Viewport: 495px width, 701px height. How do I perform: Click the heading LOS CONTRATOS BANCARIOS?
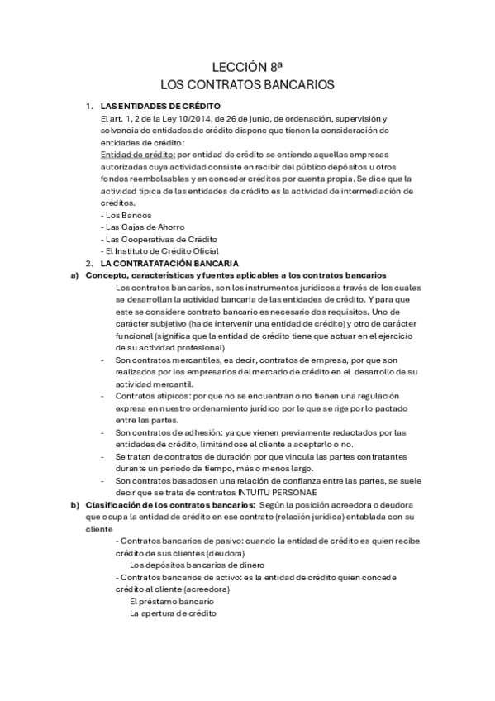click(x=246, y=85)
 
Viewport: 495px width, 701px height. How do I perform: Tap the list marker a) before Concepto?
click(x=74, y=274)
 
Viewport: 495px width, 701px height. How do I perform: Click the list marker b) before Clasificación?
click(x=74, y=505)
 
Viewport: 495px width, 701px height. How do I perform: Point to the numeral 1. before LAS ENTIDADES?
click(x=89, y=107)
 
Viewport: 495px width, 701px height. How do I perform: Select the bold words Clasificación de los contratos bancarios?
click(x=170, y=505)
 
